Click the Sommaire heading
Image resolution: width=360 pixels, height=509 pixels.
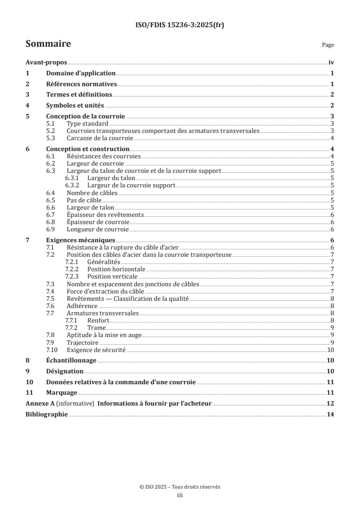coord(48,44)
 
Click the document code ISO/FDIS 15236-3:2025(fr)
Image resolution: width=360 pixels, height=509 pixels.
coord(180,25)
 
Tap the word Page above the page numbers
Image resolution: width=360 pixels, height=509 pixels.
coord(328,45)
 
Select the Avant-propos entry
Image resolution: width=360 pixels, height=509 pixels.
coord(46,63)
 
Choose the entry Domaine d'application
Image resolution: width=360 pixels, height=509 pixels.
coord(81,73)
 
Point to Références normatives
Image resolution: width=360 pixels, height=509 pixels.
coord(82,84)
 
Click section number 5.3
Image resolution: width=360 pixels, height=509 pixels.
coord(51,138)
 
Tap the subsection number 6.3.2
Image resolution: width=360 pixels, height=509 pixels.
coord(72,186)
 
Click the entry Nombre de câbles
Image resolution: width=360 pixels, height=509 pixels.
coord(92,193)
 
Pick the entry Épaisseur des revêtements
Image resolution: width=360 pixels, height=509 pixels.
coord(105,215)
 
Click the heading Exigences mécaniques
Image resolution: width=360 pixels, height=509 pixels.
coord(81,240)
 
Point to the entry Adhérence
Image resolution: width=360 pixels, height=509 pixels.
coord(82,306)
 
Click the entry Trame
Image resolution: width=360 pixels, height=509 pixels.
coord(96,328)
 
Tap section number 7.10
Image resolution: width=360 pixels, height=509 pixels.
coord(53,350)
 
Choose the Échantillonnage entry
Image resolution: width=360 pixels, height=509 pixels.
coord(71,361)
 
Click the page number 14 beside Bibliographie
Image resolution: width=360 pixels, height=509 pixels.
coord(331,414)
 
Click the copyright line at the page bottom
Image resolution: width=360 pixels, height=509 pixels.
coord(180,487)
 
